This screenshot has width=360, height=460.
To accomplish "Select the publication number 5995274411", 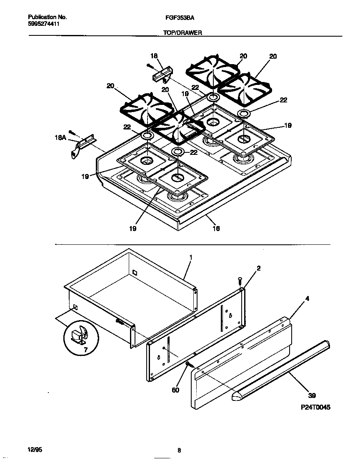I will click(x=44, y=24).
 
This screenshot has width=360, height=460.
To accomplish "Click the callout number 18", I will click(x=154, y=56).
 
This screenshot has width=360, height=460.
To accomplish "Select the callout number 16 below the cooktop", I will click(x=216, y=228).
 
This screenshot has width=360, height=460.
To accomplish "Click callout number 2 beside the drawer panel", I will click(x=258, y=269).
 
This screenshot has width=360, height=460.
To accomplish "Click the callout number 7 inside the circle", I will click(x=86, y=350).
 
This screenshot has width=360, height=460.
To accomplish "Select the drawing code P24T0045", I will click(x=315, y=408).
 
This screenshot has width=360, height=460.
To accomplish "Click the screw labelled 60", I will click(x=189, y=365).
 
